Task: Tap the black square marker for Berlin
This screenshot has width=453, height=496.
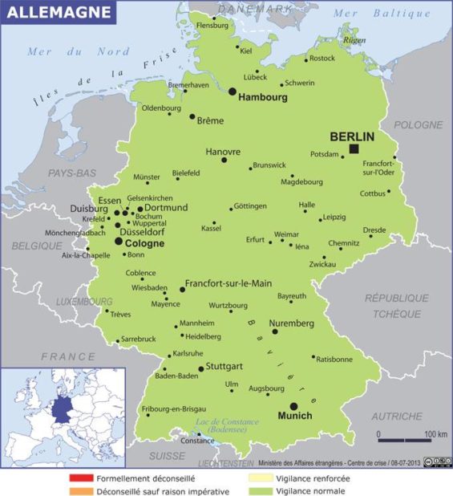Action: (x=354, y=148)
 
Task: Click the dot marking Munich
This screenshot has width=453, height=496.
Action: (x=293, y=406)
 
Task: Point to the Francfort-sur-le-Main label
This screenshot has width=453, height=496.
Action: (x=229, y=283)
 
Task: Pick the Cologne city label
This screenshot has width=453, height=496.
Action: (x=145, y=242)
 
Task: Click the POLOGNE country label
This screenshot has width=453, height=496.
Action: (x=418, y=125)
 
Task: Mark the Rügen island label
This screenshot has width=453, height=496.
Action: (x=354, y=39)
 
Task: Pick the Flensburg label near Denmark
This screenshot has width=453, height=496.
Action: (x=212, y=25)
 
